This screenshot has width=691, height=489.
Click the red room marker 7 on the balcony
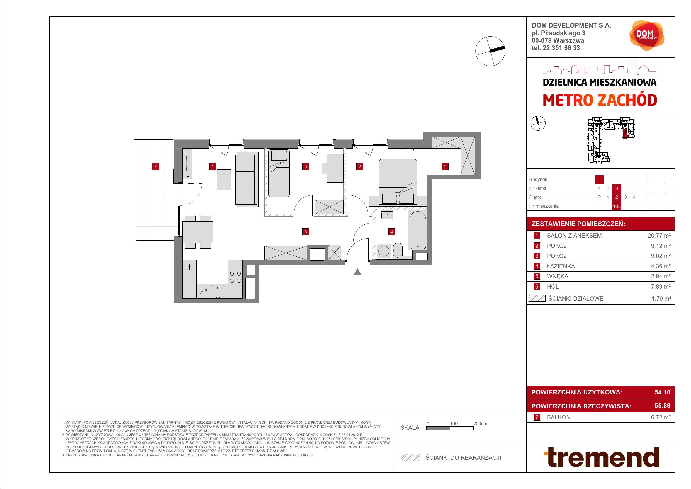(x=155, y=166)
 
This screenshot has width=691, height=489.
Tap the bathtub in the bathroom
(x=417, y=230)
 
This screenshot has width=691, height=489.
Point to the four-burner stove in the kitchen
(x=235, y=277)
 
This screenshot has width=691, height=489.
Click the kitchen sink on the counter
(x=218, y=291)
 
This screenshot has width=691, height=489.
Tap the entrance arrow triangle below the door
(x=357, y=272)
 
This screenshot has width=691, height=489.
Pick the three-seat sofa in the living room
(x=247, y=180)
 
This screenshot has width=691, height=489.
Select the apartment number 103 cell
(x=617, y=206)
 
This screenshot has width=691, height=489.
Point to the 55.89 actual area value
(x=662, y=406)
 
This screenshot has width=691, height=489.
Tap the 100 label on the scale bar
(x=454, y=424)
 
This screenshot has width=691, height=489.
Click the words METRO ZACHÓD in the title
(x=600, y=101)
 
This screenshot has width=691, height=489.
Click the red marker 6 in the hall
(x=305, y=232)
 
